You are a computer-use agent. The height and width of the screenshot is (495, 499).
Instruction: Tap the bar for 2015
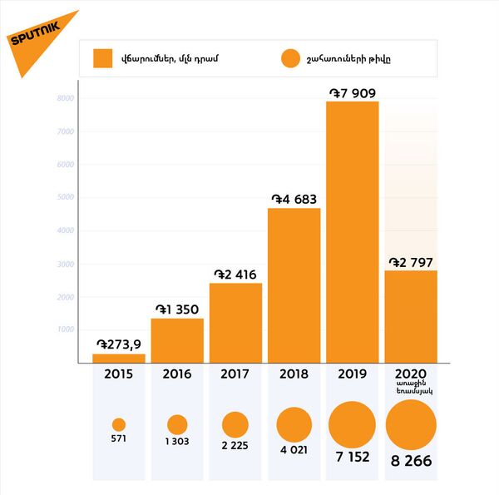click(119, 358)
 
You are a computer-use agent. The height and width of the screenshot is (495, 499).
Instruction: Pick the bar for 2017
click(235, 322)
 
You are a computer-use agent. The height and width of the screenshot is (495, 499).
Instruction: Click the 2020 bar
click(411, 316)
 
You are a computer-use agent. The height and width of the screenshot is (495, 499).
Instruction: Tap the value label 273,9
click(119, 344)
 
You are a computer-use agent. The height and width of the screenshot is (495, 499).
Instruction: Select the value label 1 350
click(177, 309)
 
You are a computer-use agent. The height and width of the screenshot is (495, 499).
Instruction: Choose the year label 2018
click(294, 374)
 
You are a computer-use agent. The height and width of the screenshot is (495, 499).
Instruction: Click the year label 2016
click(177, 374)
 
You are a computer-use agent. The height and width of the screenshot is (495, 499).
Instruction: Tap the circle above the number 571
click(119, 424)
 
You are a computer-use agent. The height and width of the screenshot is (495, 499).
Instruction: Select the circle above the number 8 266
click(411, 424)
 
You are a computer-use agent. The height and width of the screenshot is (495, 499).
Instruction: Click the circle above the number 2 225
click(235, 424)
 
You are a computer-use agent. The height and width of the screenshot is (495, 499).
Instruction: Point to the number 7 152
click(352, 457)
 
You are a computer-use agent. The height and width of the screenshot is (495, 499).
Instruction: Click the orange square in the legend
click(102, 58)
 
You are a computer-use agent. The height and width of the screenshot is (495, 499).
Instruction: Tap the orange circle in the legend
click(289, 58)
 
